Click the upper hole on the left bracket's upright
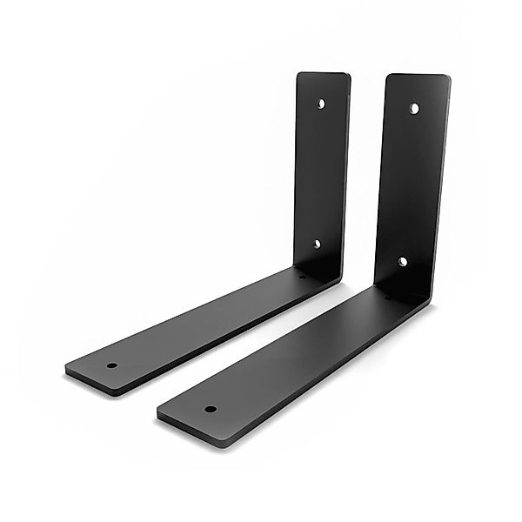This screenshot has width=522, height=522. [321, 104]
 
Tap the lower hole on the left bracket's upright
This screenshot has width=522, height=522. [317, 244]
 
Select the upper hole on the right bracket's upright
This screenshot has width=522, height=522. [414, 109]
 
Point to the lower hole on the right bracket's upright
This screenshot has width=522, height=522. [403, 261]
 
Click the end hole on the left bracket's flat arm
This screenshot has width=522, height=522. [112, 365]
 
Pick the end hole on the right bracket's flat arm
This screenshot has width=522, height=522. [210, 407]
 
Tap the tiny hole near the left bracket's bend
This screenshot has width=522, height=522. [303, 277]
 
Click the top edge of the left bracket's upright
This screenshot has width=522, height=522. [324, 73]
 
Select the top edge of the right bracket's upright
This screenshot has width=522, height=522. [418, 76]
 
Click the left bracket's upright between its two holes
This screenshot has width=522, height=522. [319, 174]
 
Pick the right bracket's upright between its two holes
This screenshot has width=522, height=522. [409, 184]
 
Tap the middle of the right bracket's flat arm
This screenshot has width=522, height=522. [296, 357]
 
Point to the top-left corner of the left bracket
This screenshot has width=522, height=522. [300, 75]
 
